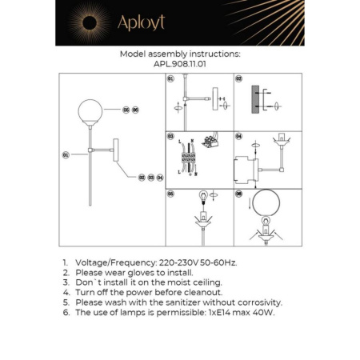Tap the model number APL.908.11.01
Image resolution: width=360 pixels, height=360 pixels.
point(179,65)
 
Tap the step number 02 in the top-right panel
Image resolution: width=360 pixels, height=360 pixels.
point(238,80)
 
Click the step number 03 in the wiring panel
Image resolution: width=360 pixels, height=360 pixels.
point(170,137)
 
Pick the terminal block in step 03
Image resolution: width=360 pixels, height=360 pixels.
point(190,161)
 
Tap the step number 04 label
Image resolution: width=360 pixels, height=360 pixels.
point(238,137)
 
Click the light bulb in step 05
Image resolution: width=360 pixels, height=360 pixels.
point(203,196)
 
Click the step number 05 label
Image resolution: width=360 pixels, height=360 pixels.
point(170,193)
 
